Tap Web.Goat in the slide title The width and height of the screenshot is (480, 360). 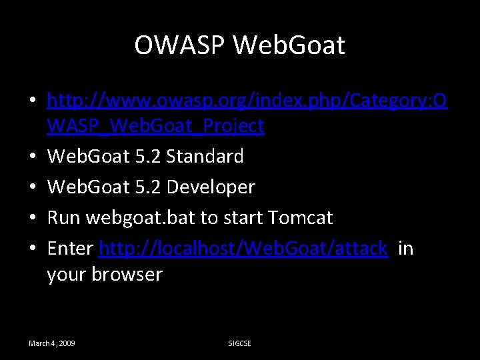tap(290, 45)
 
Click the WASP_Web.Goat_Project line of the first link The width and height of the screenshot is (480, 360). tap(155, 125)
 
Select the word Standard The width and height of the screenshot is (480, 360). tap(205, 157)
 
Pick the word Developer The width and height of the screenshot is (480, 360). tap(211, 187)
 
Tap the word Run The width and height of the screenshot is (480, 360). tap(64, 218)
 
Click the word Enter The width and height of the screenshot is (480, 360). tap(70, 249)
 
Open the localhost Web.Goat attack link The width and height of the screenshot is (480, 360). tap(243, 249)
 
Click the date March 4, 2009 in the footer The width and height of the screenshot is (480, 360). tap(51, 343)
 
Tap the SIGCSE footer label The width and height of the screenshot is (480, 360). tap(240, 343)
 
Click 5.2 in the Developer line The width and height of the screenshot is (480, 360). tap(146, 187)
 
